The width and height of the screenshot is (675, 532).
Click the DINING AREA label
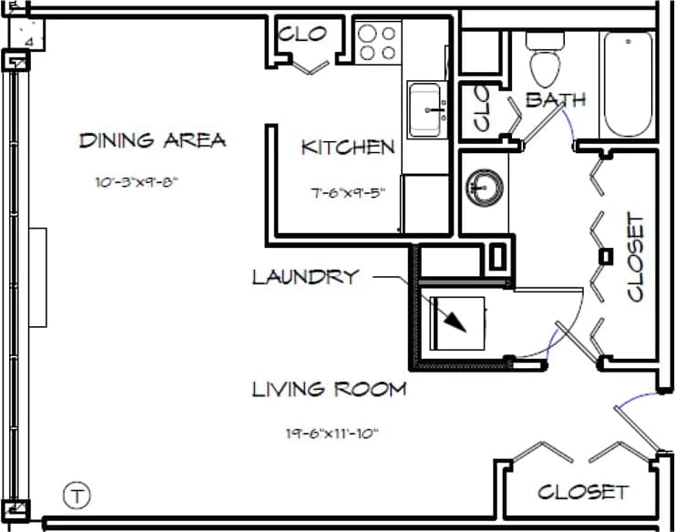[x=152, y=140]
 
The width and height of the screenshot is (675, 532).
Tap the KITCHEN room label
[x=348, y=147]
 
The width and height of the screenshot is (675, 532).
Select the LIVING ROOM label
[x=329, y=390]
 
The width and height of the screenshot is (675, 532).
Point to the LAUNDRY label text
[x=305, y=277]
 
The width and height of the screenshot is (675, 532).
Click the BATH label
[x=556, y=100]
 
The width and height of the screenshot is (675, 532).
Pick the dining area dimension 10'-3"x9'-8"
[x=136, y=181]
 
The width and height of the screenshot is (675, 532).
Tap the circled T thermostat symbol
[x=78, y=496]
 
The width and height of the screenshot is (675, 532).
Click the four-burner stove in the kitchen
[x=378, y=42]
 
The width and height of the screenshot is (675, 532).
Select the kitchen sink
[x=426, y=108]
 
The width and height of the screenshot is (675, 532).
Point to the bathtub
[x=627, y=84]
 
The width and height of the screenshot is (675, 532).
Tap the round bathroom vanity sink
[x=483, y=188]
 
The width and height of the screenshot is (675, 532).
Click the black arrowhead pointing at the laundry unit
[x=455, y=321]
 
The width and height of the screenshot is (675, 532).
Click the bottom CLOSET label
[x=582, y=492]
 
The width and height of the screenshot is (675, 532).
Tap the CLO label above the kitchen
[x=302, y=35]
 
